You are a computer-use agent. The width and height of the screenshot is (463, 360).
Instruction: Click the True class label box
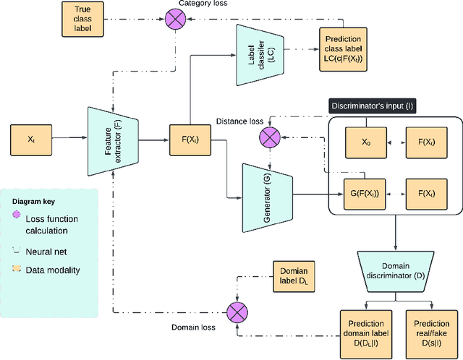tap(77, 19)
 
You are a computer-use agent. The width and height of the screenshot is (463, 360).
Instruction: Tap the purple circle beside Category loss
tap(174, 19)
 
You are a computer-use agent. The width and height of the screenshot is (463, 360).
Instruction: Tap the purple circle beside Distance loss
tap(272, 134)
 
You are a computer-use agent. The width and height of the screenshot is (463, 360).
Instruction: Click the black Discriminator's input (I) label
tap(373, 106)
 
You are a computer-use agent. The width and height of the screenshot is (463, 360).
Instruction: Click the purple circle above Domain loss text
tap(236, 313)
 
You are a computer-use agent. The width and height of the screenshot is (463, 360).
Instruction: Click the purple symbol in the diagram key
tap(17, 215)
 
